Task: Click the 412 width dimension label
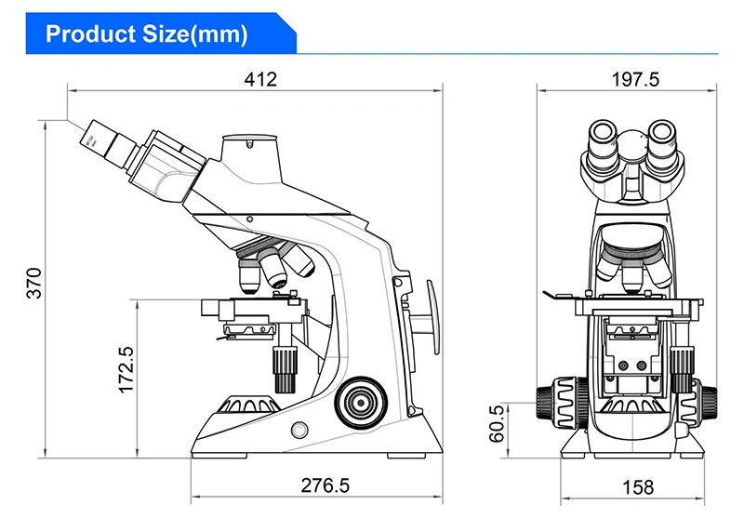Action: tap(260, 79)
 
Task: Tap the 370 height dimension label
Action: tap(34, 284)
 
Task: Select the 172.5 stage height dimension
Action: tap(126, 370)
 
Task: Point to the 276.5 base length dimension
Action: tap(325, 485)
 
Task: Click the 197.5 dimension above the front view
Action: tap(635, 79)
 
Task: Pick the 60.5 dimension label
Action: tap(497, 423)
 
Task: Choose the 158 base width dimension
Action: tap(638, 486)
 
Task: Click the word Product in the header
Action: tap(90, 34)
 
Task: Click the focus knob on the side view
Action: tap(361, 403)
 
